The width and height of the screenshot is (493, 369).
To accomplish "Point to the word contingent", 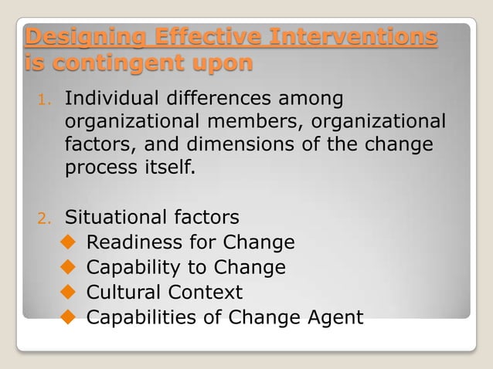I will click(x=127, y=63).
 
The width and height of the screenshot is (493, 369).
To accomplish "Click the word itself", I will click(x=163, y=168).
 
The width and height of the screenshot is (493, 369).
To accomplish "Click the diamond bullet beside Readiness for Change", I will click(x=67, y=243).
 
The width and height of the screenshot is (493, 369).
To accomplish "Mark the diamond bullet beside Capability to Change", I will click(x=67, y=268).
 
